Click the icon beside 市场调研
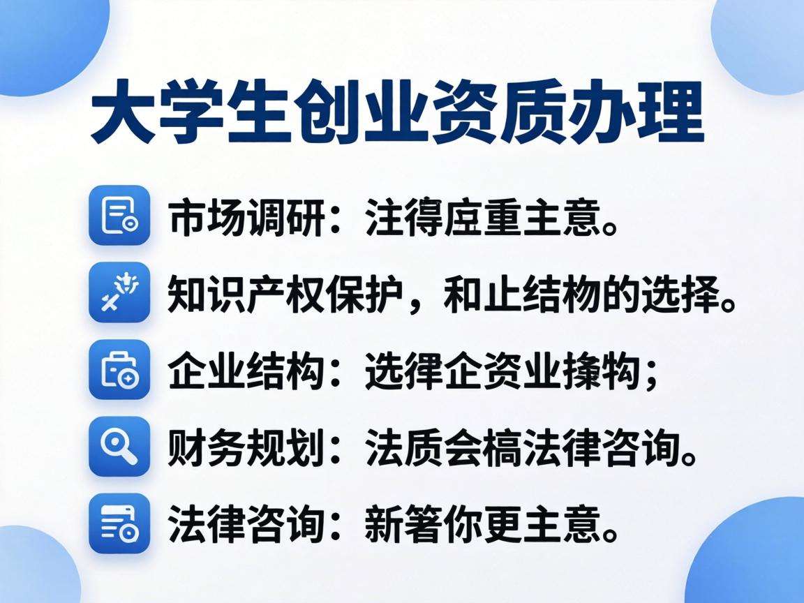click(x=119, y=215)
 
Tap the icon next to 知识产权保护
click(x=119, y=292)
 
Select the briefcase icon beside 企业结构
click(x=119, y=369)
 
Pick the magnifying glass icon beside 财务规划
click(x=119, y=446)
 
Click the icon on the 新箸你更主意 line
click(x=119, y=523)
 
